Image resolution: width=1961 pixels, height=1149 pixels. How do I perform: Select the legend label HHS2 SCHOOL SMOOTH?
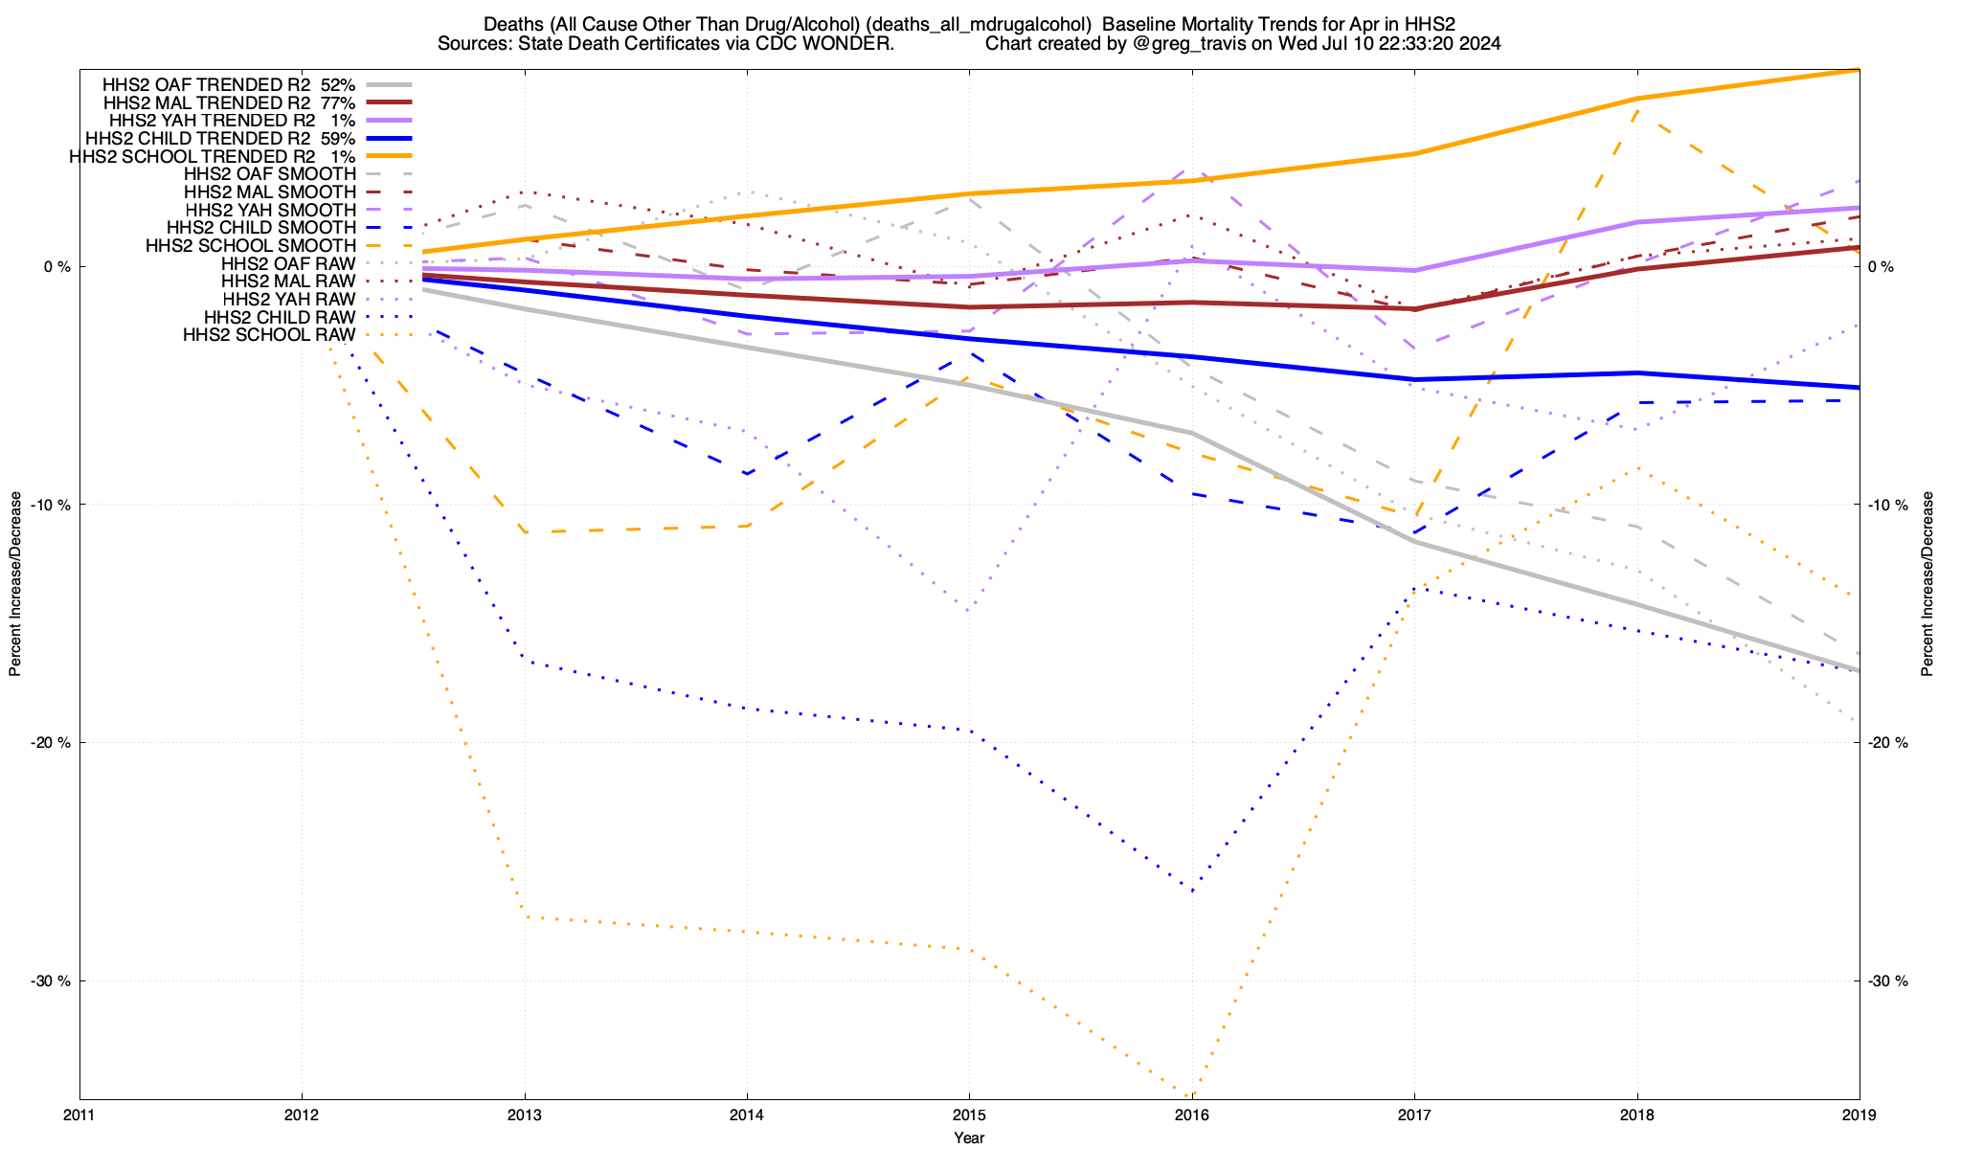(251, 246)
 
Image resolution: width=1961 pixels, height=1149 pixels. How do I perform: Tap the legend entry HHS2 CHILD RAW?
(280, 317)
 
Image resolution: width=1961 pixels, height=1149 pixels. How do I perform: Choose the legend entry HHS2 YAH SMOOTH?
(270, 210)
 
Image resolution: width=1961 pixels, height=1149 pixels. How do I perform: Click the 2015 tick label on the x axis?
(969, 1115)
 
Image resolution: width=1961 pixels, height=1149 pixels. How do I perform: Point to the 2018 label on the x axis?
(1637, 1115)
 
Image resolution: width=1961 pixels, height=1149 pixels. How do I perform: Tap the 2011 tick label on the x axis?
(79, 1115)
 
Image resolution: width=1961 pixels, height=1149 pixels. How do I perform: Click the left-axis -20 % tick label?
(51, 742)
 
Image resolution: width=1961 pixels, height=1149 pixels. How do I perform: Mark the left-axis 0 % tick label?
(57, 266)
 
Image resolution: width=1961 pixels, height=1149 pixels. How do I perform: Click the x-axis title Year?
(969, 1138)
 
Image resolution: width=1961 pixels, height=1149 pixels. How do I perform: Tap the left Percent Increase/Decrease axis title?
(15, 584)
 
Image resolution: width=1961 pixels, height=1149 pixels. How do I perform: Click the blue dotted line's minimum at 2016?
(1192, 891)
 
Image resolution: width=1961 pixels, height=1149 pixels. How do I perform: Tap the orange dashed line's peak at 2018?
(1637, 110)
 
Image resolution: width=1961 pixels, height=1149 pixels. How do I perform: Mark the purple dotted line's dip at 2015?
(969, 610)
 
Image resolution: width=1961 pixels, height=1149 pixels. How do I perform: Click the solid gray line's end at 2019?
(1859, 670)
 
